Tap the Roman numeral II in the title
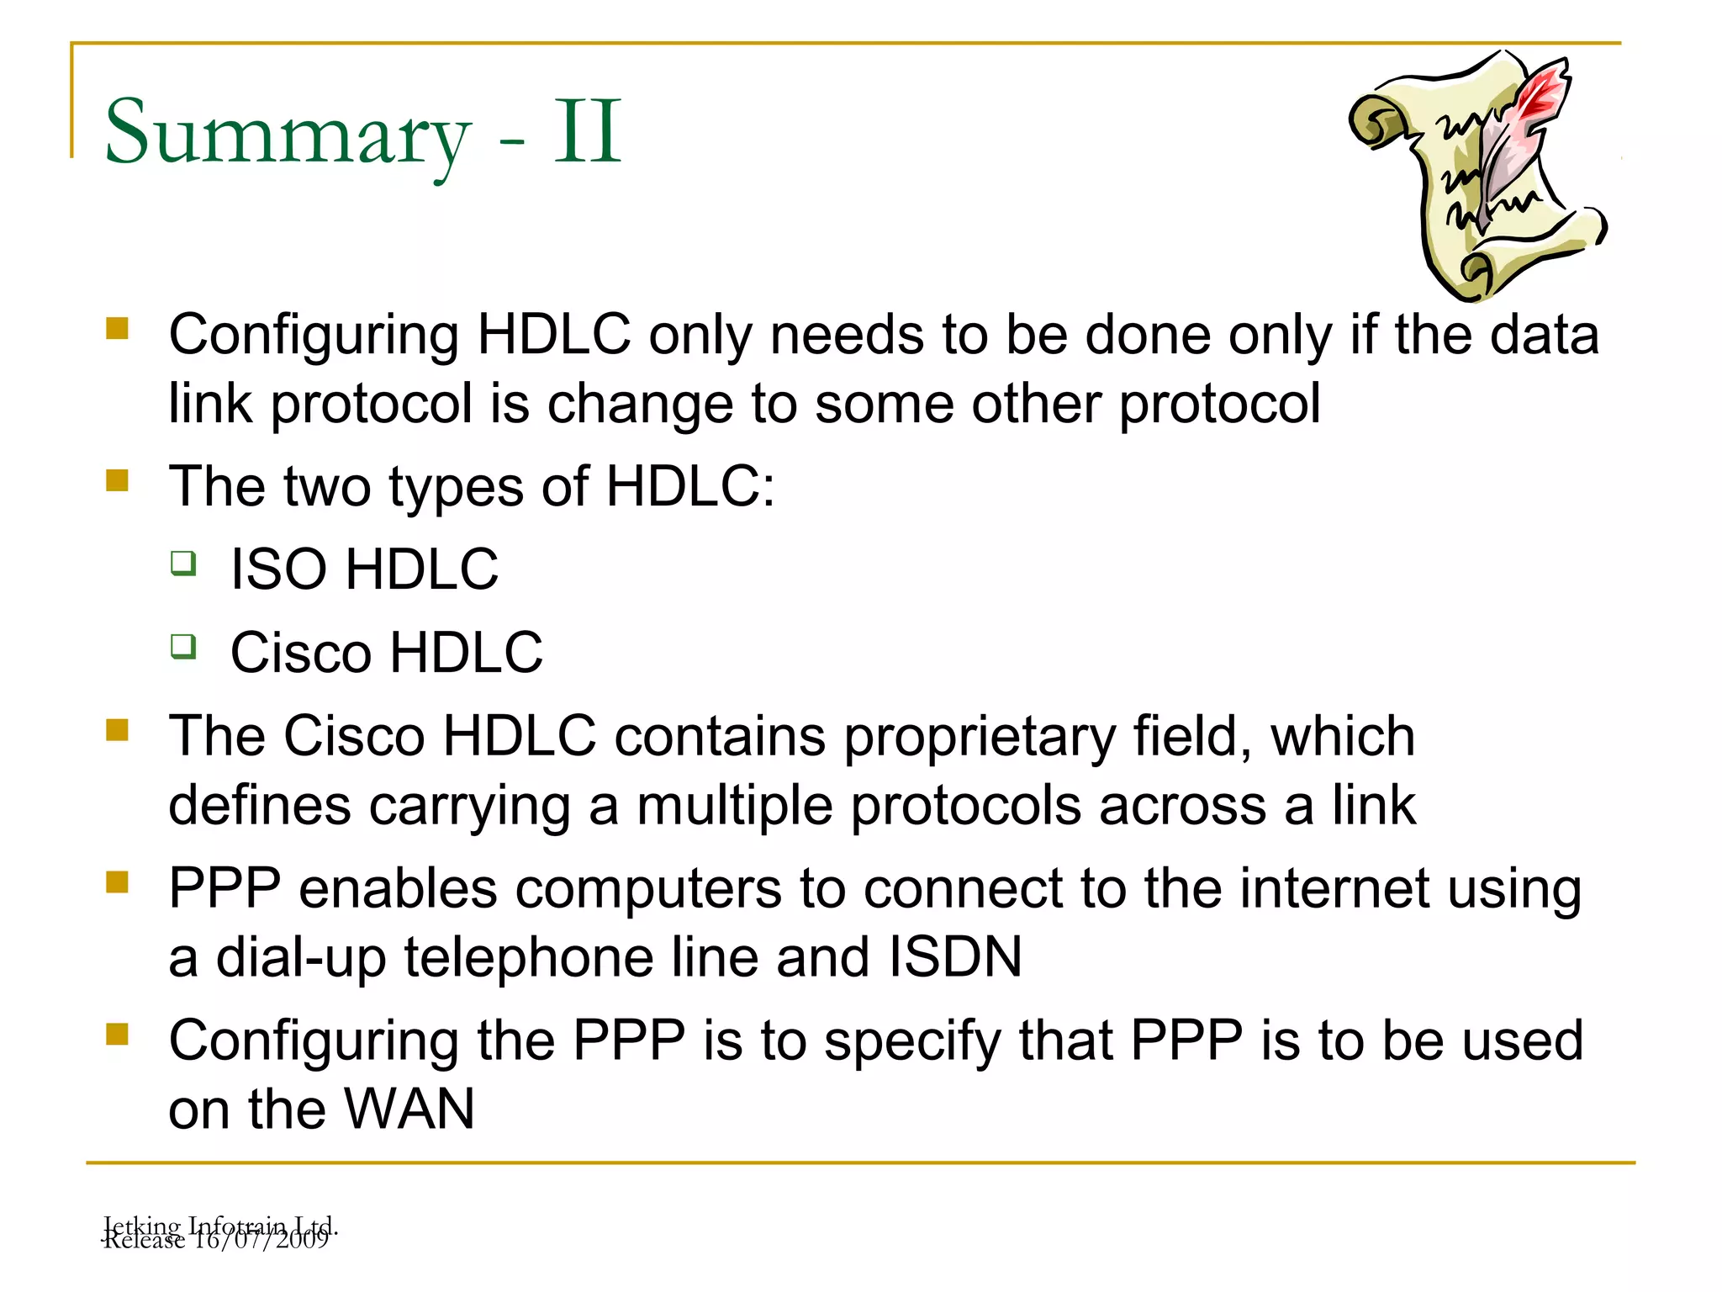point(588,132)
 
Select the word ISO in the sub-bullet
point(278,569)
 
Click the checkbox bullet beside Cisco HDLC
point(183,647)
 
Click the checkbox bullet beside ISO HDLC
point(183,563)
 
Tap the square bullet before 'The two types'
point(117,480)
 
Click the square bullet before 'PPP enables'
point(117,882)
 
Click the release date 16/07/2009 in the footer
point(260,1241)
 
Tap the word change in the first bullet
point(640,404)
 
